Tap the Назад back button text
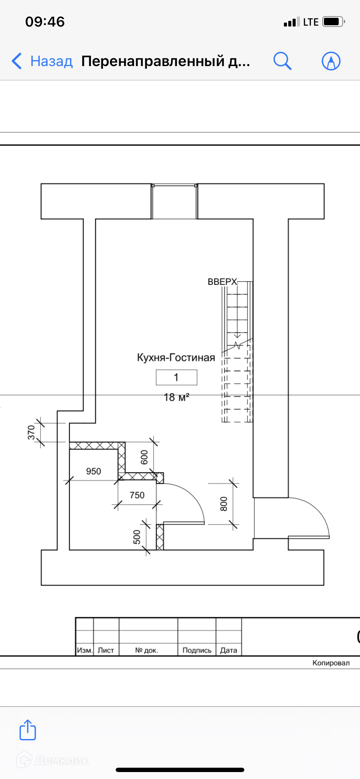(51, 61)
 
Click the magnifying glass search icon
(282, 61)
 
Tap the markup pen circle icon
(331, 61)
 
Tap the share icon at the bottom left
(27, 729)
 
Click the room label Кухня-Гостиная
(176, 358)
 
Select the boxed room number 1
(177, 377)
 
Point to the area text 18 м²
(176, 397)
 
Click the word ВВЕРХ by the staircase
(222, 282)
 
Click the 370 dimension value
(31, 433)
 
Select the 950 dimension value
(93, 471)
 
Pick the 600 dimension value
(144, 457)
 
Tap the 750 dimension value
(137, 495)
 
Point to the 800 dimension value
(224, 504)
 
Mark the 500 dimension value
(137, 537)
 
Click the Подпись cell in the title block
(197, 650)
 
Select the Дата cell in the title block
(229, 650)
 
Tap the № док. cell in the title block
(147, 650)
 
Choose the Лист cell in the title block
(106, 650)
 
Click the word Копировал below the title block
(331, 663)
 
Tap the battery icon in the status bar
(333, 21)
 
